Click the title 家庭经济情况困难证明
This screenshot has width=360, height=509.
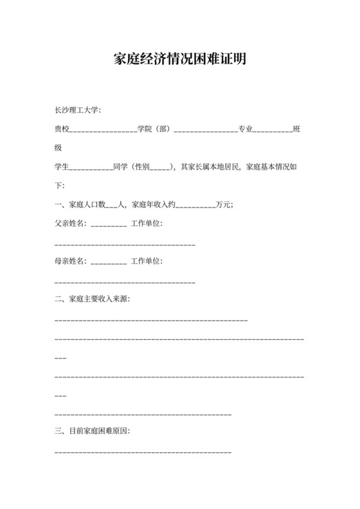180,60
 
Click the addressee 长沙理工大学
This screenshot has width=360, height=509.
77,111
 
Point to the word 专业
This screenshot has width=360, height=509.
245,129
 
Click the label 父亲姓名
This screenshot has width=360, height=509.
70,224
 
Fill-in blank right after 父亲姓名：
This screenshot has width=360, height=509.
109,226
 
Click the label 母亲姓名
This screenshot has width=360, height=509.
70,261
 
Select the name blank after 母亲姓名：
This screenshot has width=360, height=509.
109,263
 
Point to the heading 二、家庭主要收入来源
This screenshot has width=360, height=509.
93,298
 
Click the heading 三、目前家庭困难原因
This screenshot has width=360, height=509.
93,431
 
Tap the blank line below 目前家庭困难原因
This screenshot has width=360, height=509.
143,452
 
